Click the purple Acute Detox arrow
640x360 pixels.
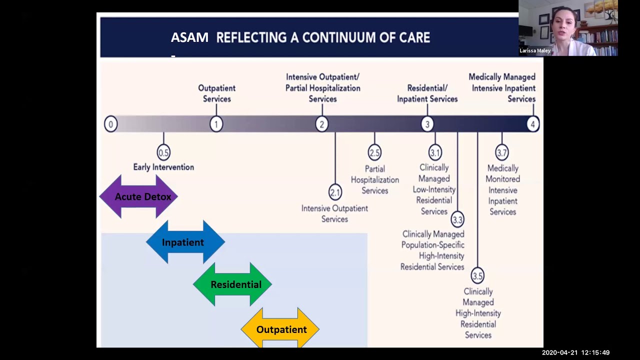138,196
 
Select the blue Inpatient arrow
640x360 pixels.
185,242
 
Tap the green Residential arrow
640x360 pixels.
232,284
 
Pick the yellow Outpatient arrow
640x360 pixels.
280,329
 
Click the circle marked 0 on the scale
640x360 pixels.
111,124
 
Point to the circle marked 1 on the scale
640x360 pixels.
216,124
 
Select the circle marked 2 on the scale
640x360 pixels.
321,124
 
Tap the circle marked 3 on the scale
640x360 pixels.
427,124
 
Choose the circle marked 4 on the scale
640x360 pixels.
532,124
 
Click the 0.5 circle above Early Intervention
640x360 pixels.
163,152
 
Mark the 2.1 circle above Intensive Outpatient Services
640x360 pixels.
335,192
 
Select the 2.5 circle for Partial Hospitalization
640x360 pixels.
374,152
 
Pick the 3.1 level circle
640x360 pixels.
435,152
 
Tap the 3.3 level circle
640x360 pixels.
457,219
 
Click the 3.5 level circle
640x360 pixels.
477,275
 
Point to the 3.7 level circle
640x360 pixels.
502,152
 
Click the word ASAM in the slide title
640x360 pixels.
189,37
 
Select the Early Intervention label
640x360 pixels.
163,167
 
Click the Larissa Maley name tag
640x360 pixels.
535,50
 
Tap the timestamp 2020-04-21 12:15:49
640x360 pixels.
575,352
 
